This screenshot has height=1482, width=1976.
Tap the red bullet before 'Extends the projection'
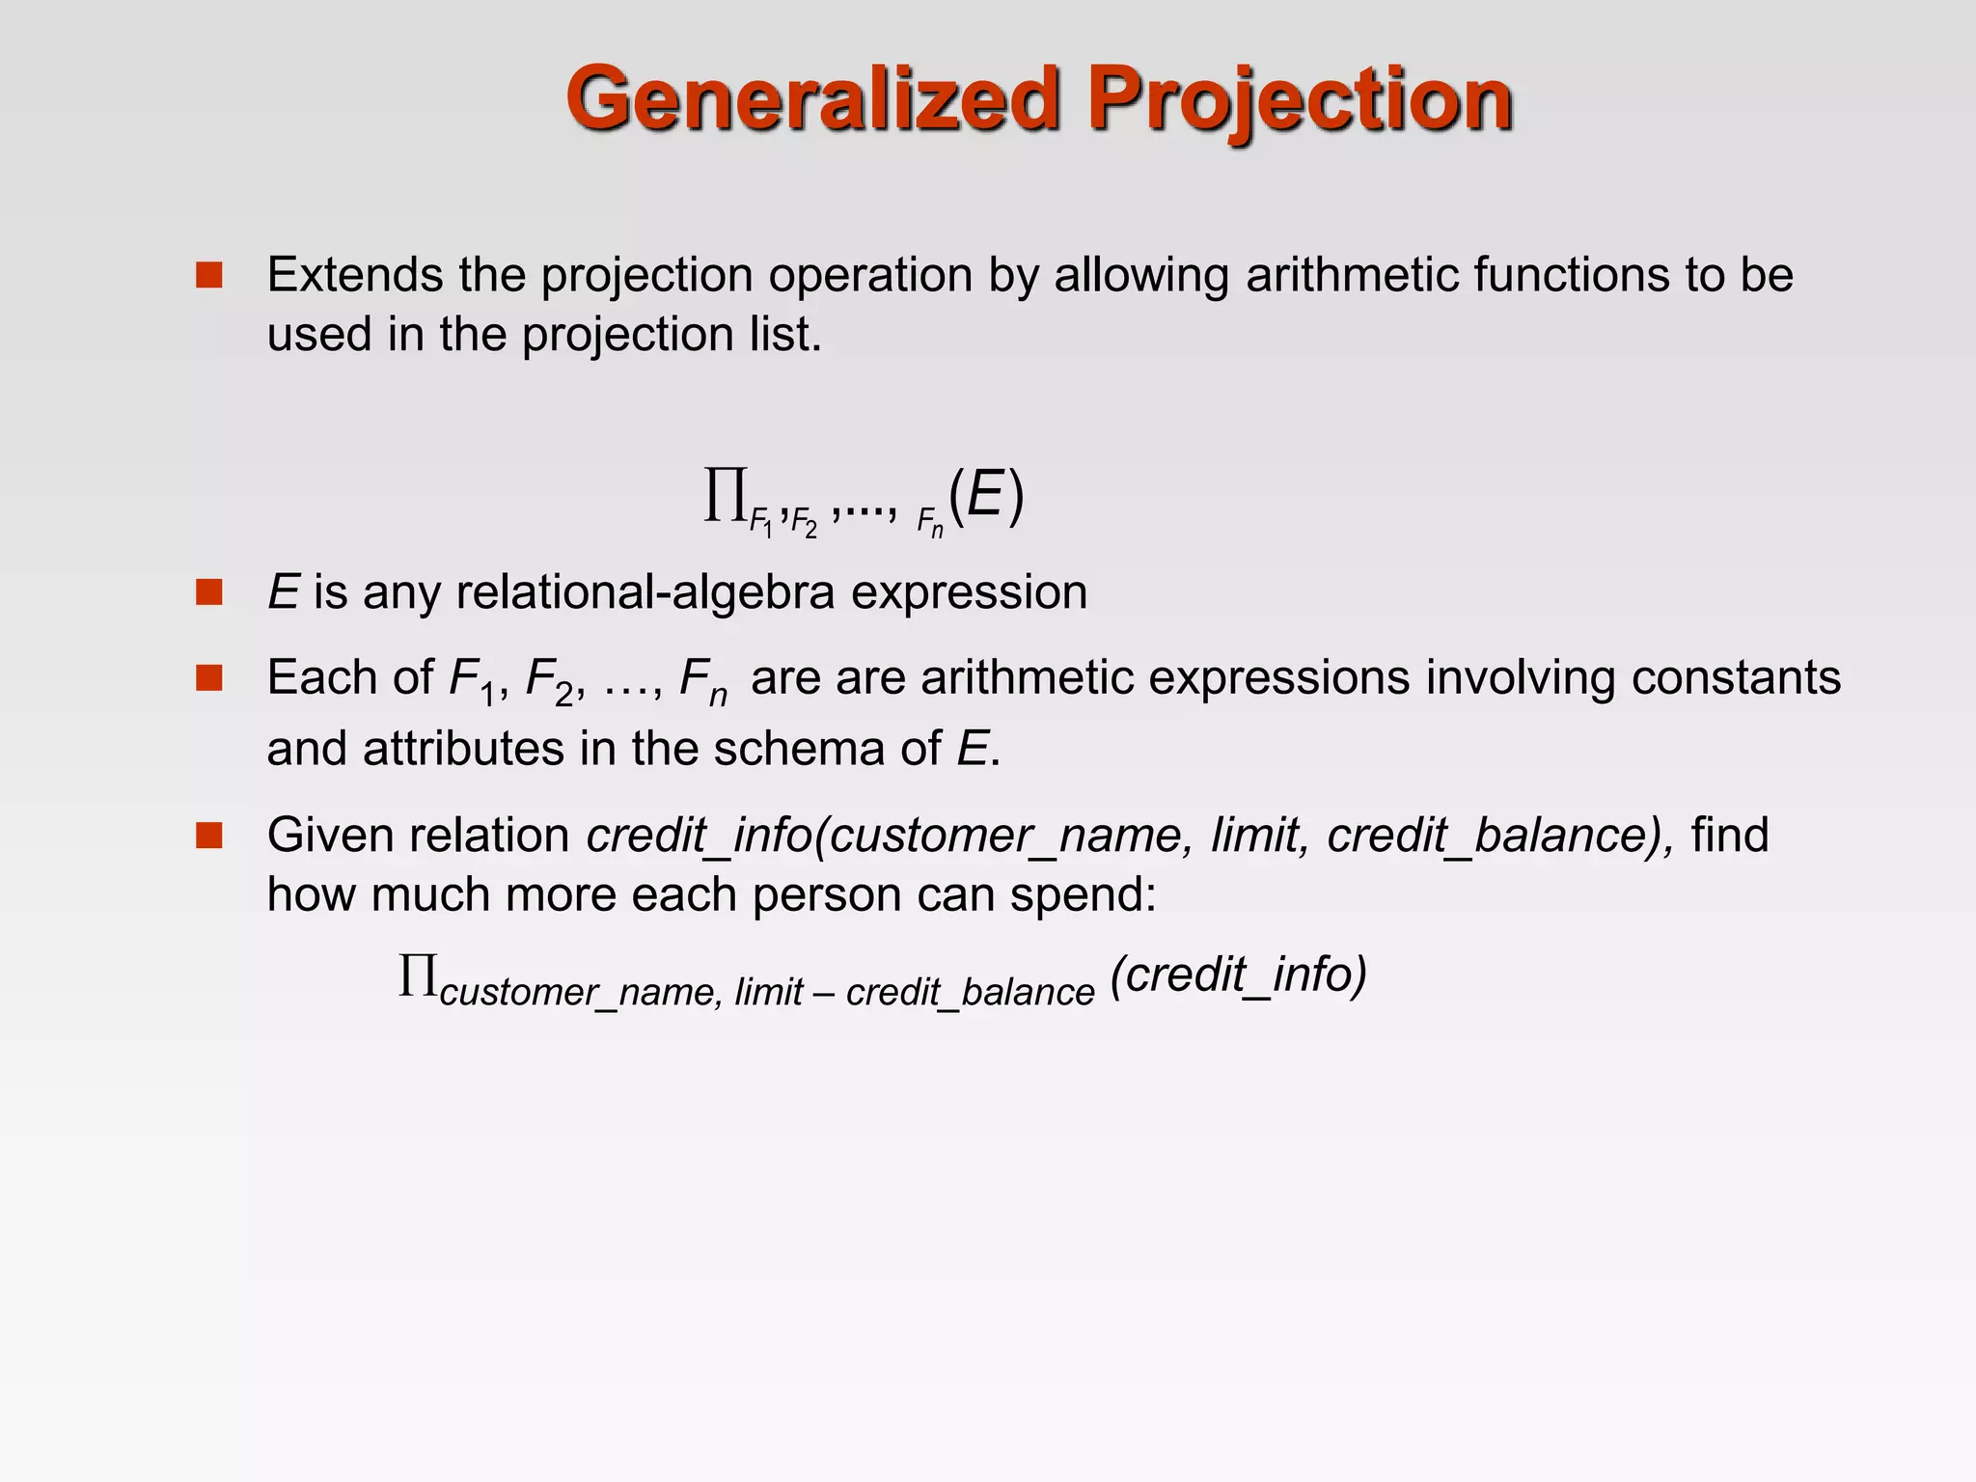(x=208, y=276)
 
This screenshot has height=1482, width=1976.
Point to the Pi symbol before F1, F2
(x=726, y=496)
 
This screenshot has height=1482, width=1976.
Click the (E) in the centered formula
(x=986, y=497)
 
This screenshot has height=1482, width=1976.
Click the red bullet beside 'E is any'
(x=208, y=592)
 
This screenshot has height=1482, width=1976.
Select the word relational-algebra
(x=645, y=591)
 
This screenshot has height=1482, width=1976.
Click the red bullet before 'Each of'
(x=208, y=678)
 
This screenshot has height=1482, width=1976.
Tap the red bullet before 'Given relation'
(x=208, y=836)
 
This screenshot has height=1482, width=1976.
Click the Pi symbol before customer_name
(x=419, y=976)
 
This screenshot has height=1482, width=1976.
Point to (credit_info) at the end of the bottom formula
(x=1239, y=974)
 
